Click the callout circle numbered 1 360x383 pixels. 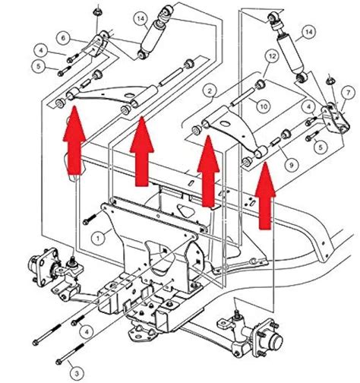pyautogui.click(x=96, y=237)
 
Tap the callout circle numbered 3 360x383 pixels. pyautogui.click(x=76, y=372)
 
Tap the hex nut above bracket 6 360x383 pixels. pyautogui.click(x=98, y=12)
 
